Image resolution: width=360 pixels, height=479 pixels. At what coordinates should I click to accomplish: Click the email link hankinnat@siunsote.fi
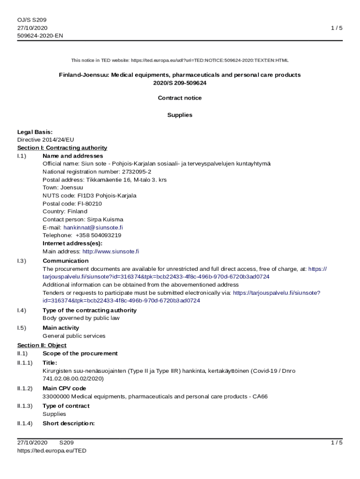(x=93, y=227)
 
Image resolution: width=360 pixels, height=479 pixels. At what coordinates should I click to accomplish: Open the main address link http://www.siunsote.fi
(x=110, y=251)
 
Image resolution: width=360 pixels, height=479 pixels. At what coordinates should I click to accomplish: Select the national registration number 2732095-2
(x=137, y=172)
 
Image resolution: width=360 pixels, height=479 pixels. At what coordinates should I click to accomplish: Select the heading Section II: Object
(x=42, y=345)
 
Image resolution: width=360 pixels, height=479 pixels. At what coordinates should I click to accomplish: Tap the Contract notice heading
(x=180, y=98)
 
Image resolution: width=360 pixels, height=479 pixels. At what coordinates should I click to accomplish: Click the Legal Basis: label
(x=35, y=132)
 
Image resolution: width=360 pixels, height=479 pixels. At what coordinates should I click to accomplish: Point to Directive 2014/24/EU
(x=45, y=140)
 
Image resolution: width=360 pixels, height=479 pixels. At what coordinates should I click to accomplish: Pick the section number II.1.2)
(x=25, y=388)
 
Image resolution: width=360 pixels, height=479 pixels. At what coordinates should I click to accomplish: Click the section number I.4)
(x=22, y=310)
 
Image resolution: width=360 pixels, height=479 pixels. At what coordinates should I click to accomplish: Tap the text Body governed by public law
(x=81, y=318)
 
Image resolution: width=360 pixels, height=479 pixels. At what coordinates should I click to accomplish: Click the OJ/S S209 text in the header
(x=32, y=20)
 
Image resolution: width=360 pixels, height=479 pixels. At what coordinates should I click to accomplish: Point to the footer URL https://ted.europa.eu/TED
(x=51, y=450)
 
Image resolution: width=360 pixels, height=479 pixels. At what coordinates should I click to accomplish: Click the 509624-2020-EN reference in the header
(x=40, y=36)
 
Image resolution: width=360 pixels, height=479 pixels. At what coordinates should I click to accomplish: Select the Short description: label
(x=68, y=423)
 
